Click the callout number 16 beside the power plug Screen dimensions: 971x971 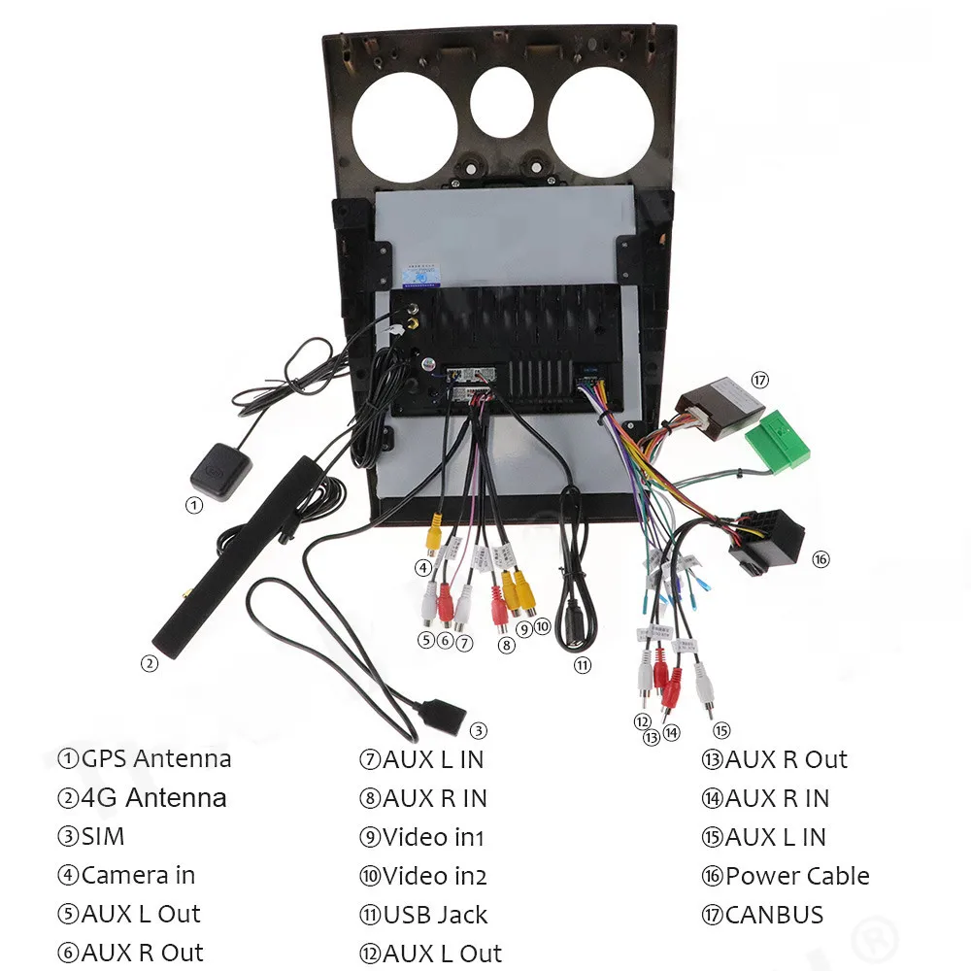tap(821, 559)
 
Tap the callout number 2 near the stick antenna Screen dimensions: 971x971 tap(149, 664)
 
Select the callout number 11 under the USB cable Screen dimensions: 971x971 tap(582, 665)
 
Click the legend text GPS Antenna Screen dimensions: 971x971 tap(156, 758)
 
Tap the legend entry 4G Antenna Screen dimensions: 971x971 tap(153, 798)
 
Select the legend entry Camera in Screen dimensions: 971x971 tap(138, 875)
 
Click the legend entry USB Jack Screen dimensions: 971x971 tap(434, 915)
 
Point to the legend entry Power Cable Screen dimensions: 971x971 tap(796, 876)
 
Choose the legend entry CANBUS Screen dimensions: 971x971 tap(773, 915)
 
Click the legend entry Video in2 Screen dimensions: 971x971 tap(433, 876)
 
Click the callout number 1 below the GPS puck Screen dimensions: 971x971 tap(194, 504)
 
